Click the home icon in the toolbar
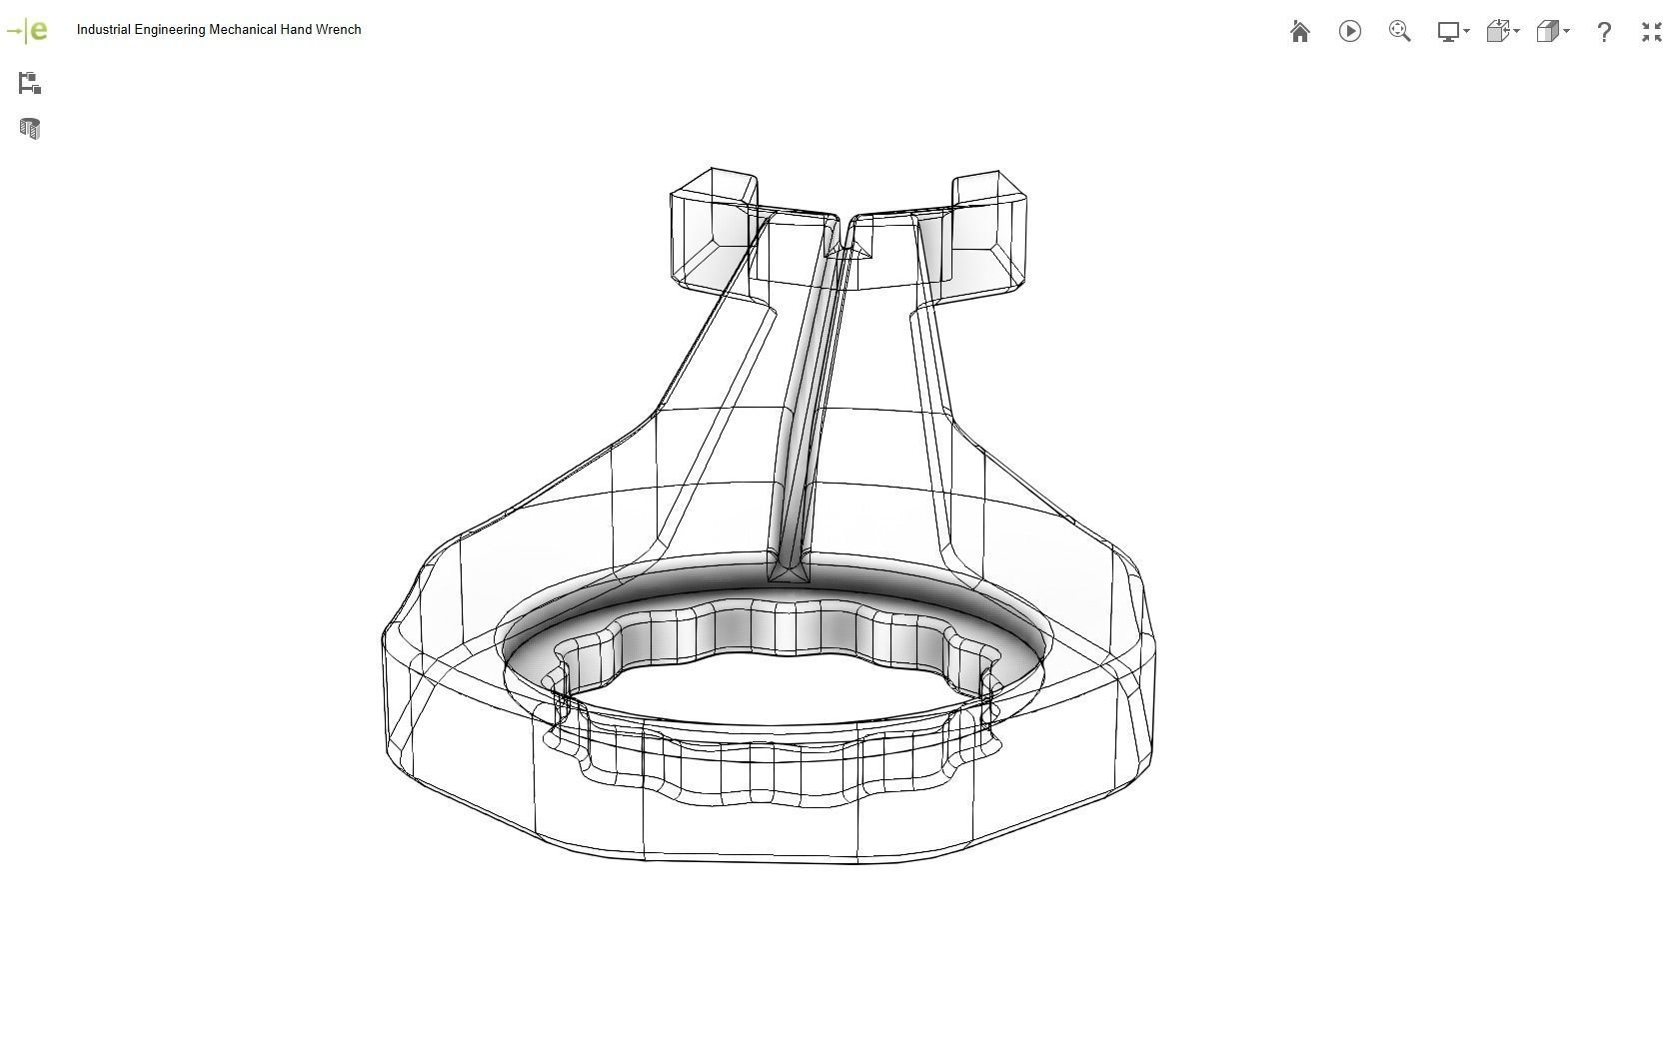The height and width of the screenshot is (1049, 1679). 1299,32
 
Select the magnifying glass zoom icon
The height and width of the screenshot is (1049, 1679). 1399,31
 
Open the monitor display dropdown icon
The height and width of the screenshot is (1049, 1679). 1451,32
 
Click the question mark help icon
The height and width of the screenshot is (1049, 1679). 1603,32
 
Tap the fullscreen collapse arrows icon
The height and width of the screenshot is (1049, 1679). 1651,32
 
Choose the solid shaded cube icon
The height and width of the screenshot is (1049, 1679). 1550,32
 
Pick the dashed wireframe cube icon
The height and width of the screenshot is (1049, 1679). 1500,32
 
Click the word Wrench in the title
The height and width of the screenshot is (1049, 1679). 338,30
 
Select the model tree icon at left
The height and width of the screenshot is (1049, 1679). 30,84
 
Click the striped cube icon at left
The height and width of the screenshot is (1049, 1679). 30,129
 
